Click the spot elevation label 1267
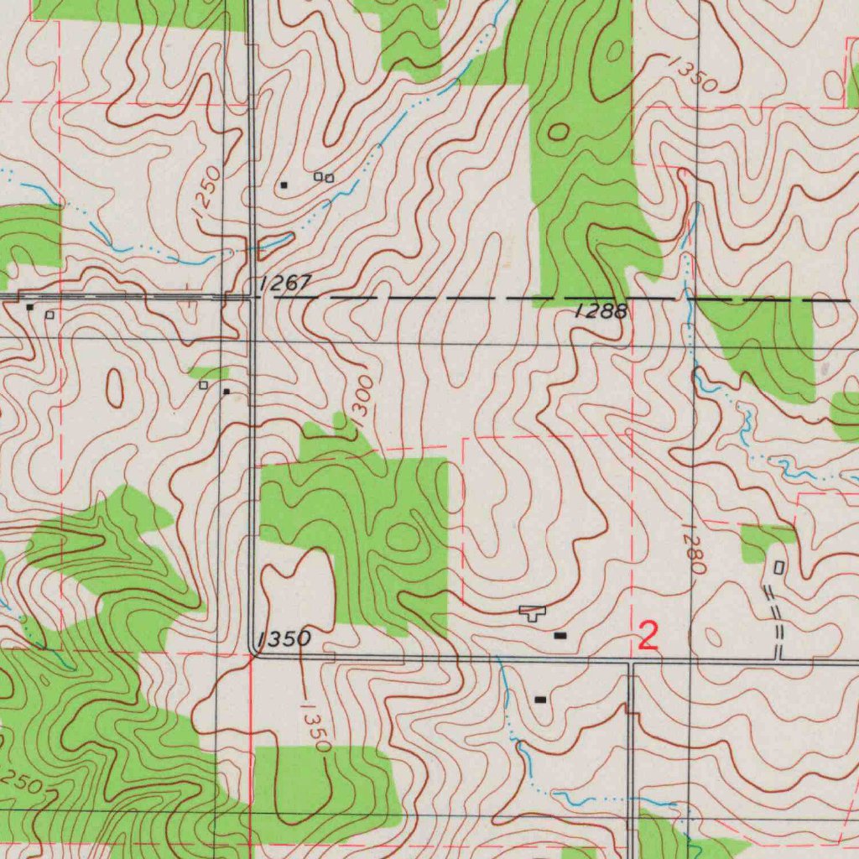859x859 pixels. coord(285,284)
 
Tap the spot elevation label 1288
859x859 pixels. coord(601,312)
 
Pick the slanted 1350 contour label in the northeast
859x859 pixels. coord(694,75)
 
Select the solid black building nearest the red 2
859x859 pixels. coord(560,637)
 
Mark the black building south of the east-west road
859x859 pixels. coord(539,699)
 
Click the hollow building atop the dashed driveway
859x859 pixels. coord(778,568)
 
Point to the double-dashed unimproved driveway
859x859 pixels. coord(777,621)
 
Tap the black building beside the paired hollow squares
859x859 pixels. coord(284,185)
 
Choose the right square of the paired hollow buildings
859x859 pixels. coord(330,178)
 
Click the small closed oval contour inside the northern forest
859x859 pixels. coord(558,132)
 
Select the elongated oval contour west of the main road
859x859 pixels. coord(114,388)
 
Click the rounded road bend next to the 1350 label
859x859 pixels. coord(255,653)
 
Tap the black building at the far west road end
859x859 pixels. coord(30,308)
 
